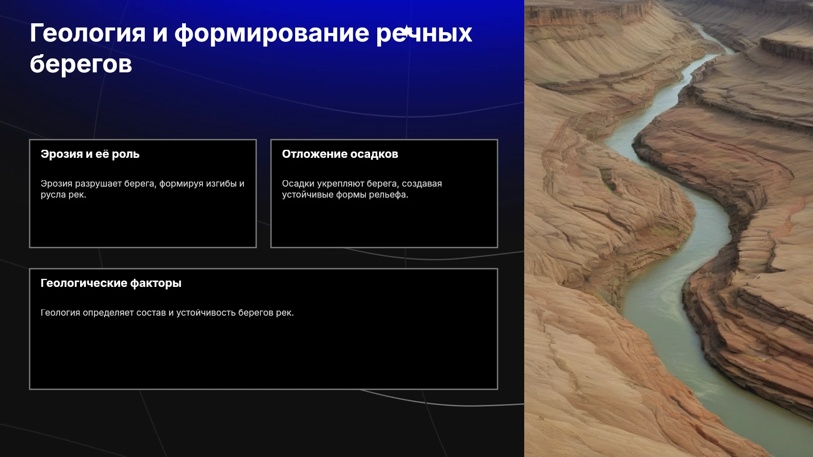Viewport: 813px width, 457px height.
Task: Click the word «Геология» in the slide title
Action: [x=88, y=34]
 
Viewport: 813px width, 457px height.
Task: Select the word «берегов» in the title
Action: [x=81, y=64]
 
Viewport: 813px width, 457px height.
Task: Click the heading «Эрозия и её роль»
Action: [x=90, y=154]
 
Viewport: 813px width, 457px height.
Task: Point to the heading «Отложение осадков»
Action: [x=340, y=154]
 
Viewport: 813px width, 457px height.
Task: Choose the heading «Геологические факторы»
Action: [x=111, y=283]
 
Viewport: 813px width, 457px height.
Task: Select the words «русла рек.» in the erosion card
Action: [x=64, y=195]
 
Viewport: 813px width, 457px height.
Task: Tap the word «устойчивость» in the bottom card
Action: [x=206, y=313]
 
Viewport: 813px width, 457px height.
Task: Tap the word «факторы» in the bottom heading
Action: [x=156, y=283]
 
